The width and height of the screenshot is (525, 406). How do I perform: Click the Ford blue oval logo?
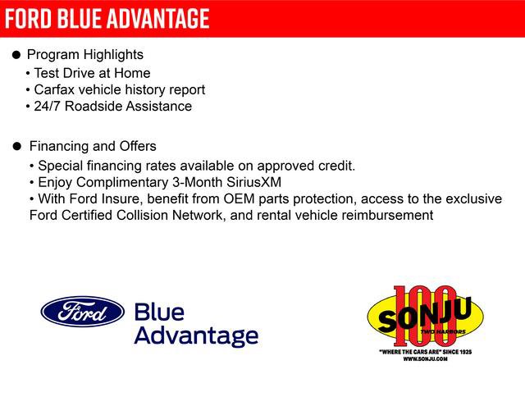tap(82, 313)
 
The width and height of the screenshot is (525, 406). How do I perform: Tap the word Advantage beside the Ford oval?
tap(195, 335)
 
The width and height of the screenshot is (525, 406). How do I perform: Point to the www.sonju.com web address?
tap(424, 359)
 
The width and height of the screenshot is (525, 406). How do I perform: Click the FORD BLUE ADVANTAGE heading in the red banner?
tap(107, 18)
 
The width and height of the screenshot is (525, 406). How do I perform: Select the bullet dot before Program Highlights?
tap(16, 56)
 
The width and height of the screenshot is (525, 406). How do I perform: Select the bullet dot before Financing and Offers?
tap(16, 147)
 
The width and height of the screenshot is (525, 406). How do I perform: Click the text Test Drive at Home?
tap(93, 73)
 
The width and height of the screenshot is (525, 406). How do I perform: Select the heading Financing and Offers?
tap(92, 147)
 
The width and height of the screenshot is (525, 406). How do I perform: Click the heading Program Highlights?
tap(85, 55)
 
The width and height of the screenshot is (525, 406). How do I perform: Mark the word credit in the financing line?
tap(334, 166)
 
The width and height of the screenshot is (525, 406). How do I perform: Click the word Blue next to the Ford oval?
tap(158, 312)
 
